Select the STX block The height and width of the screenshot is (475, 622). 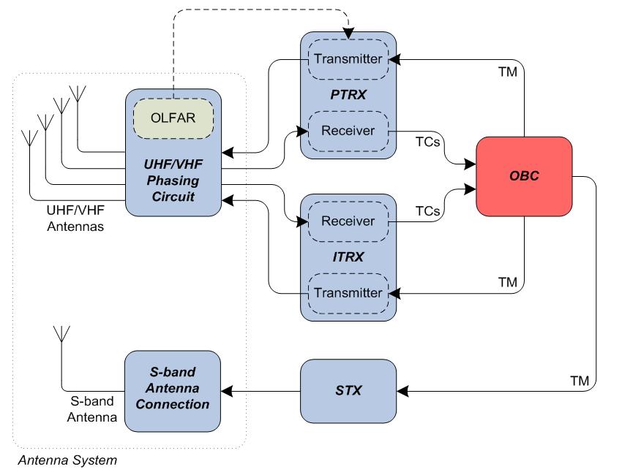point(348,390)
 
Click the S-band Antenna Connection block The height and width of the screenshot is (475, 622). point(172,390)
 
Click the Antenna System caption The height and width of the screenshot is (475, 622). point(67,460)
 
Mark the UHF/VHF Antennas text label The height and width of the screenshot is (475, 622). point(75,218)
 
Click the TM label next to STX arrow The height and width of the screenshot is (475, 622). point(579,381)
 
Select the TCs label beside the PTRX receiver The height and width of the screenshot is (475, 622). point(427,141)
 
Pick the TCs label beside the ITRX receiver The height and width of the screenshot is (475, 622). point(427,211)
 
